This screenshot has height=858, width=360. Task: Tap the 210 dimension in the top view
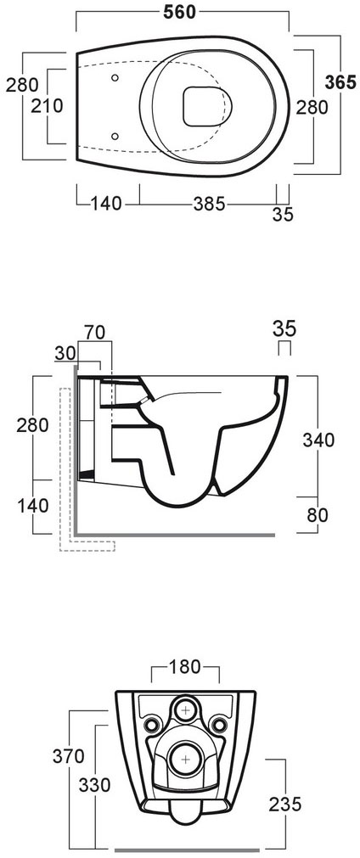coord(20,107)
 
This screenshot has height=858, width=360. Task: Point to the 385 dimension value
coord(207,204)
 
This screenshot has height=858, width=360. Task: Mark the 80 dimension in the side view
coord(319,514)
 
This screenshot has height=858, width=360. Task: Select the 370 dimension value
coord(69,756)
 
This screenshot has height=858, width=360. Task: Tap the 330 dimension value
coord(95,785)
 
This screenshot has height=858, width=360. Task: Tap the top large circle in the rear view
coord(185,709)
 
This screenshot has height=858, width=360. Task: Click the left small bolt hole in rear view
coord(152,724)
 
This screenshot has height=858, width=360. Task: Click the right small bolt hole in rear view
coord(218,724)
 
